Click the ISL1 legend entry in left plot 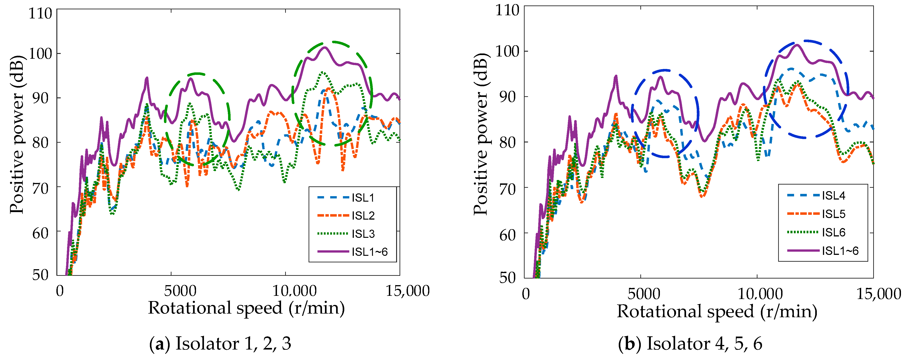pos(363,198)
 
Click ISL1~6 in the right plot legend pos(840,251)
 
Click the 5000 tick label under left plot pos(180,291)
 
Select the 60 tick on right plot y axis pos(507,235)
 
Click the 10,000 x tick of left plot pos(295,291)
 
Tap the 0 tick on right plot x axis pos(526,294)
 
